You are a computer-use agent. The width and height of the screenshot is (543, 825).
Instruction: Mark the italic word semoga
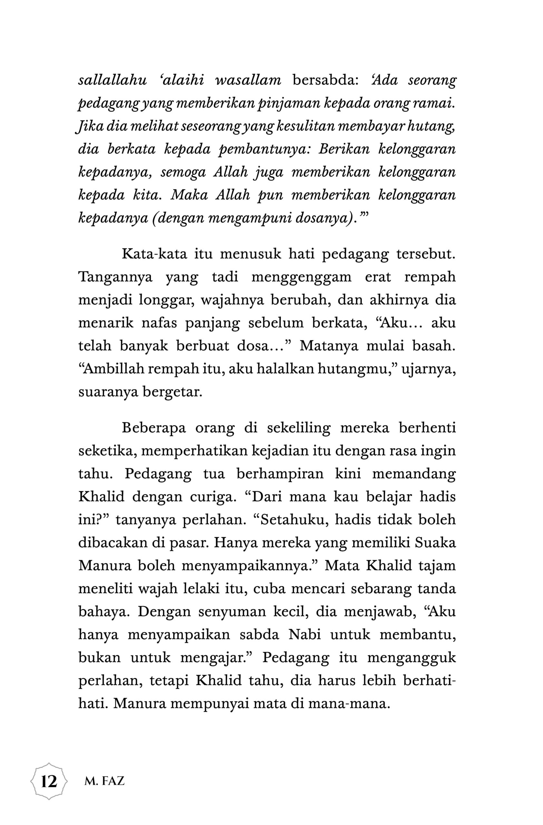point(183,173)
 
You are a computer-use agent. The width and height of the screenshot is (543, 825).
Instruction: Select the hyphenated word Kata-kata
point(154,254)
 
